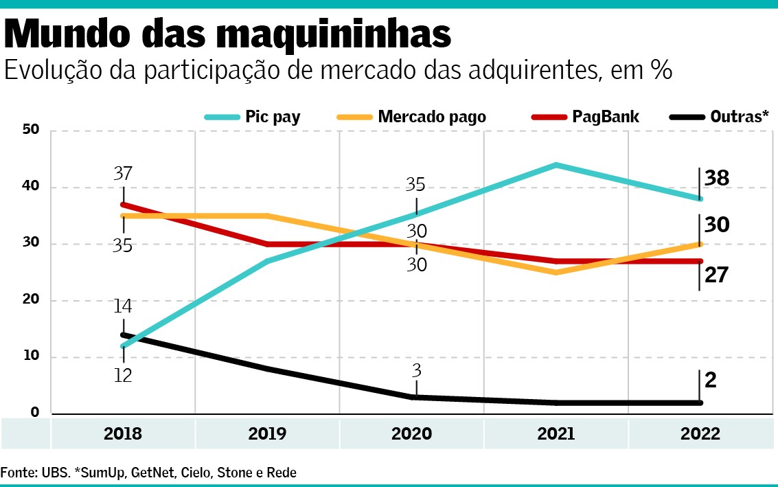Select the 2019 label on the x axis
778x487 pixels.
coord(267,434)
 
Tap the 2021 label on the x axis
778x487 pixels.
coord(556,434)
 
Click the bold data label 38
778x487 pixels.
coord(717,179)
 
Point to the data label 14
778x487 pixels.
coord(124,307)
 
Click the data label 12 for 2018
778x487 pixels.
coord(124,376)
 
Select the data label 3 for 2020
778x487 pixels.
coord(416,371)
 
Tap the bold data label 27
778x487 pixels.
coord(717,275)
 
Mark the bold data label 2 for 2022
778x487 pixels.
coord(711,380)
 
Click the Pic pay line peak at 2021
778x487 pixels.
coord(556,165)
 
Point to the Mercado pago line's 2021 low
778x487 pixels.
coord(556,273)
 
